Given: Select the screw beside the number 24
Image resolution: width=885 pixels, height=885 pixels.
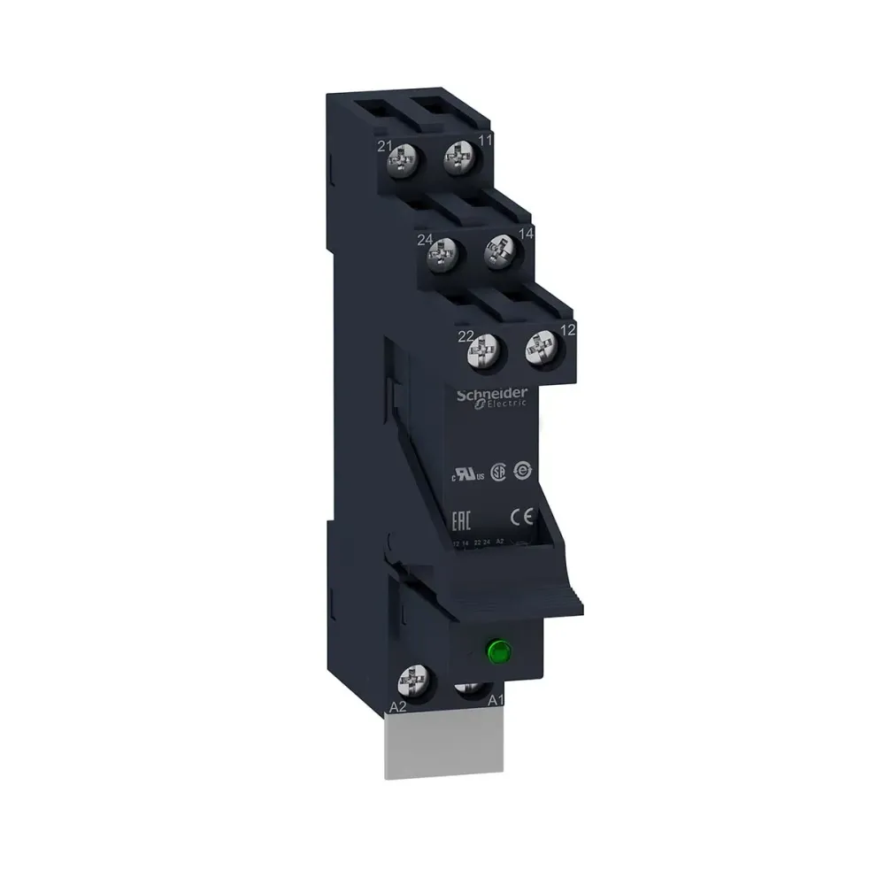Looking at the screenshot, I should coord(442,257).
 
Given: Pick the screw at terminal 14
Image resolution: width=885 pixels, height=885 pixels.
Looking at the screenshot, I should coord(498,250).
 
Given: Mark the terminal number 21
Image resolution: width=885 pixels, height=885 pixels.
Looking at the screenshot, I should coord(384,145).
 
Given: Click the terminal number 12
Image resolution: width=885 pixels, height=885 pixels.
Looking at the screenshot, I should coord(569,330).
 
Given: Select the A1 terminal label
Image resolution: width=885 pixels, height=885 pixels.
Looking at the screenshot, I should coord(497,700).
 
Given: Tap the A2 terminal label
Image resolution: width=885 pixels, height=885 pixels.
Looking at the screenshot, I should coord(398,707).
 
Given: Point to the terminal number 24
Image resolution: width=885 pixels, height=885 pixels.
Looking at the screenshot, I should coord(425,239).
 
